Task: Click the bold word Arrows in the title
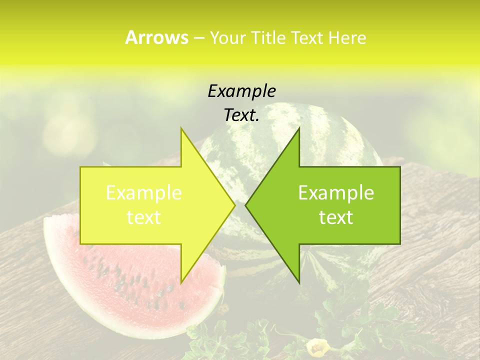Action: coord(156,37)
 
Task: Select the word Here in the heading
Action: coord(347,37)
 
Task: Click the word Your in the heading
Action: coord(227,37)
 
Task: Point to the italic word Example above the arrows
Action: coord(241,91)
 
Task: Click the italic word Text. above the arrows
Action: coord(241,115)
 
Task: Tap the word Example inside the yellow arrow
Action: coord(144,193)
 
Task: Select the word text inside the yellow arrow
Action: coord(144,217)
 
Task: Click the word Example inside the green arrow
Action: coord(336,193)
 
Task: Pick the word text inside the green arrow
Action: coord(336,217)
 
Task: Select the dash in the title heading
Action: coord(198,38)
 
